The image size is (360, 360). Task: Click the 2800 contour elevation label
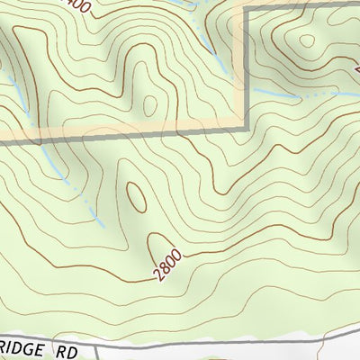[168, 265]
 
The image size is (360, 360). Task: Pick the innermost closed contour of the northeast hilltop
[307, 40]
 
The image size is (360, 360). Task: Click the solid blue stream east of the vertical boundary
[270, 92]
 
